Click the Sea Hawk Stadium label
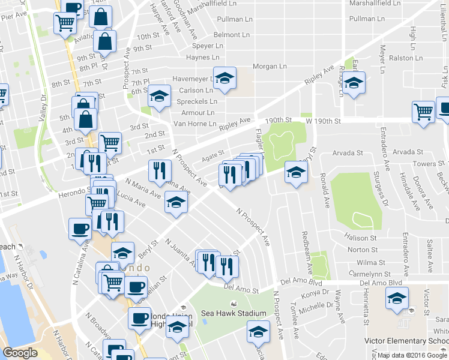(x=233, y=313)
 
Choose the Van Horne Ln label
(x=194, y=124)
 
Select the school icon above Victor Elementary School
(x=397, y=298)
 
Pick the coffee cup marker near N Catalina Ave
(x=80, y=229)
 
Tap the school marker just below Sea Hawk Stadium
(x=258, y=331)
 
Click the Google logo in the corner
(x=20, y=352)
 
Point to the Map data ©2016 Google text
(x=412, y=355)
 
